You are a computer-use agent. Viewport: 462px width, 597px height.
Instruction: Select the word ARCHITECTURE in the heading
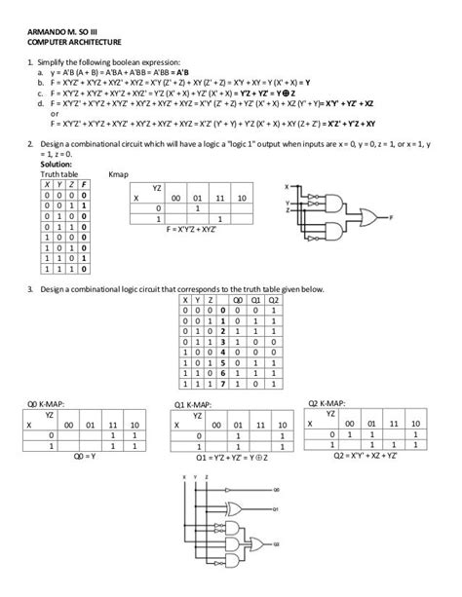pyautogui.click(x=93, y=44)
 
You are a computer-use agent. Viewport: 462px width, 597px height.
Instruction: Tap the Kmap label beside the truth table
pyautogui.click(x=119, y=174)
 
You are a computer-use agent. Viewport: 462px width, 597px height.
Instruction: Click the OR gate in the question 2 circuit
pyautogui.click(x=371, y=218)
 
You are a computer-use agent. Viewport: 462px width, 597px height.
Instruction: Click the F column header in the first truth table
pyautogui.click(x=85, y=184)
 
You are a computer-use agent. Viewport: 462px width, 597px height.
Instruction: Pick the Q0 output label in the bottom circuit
pyautogui.click(x=277, y=489)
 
